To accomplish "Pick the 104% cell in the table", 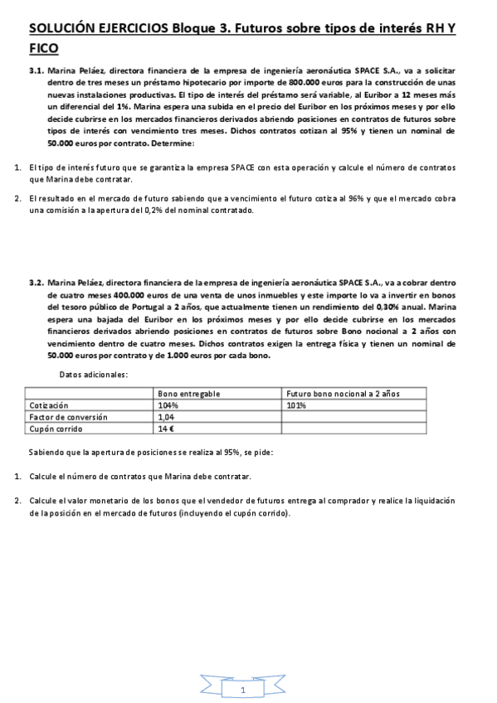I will pyautogui.click(x=168, y=405).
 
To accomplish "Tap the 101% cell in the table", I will pyautogui.click(x=296, y=405).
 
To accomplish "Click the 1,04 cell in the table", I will pyautogui.click(x=167, y=418).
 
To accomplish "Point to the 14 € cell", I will pyautogui.click(x=166, y=429).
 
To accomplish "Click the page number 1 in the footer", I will pyautogui.click(x=241, y=690).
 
